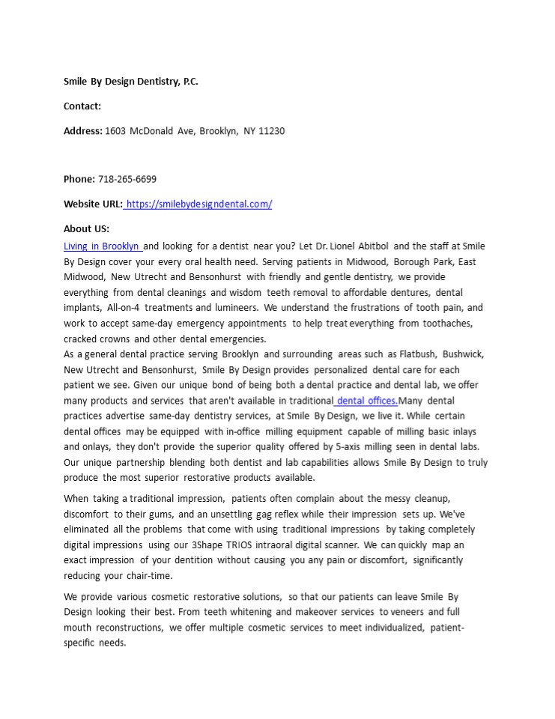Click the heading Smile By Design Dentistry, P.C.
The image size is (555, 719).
131,82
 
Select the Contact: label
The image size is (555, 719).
82,106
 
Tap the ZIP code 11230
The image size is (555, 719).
271,131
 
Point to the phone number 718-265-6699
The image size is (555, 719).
127,179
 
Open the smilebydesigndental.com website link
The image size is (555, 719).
199,204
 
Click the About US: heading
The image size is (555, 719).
86,229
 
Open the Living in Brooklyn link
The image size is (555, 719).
102,246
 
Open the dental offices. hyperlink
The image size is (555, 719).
366,401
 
